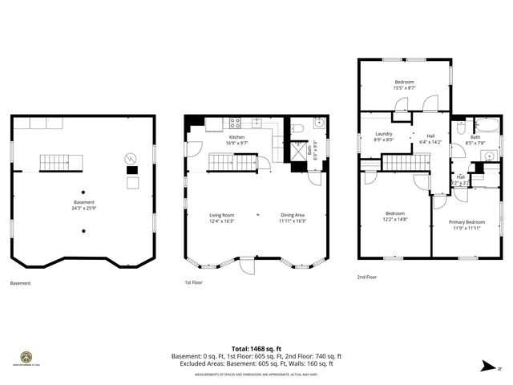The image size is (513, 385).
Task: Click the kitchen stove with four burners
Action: pyautogui.click(x=236, y=124)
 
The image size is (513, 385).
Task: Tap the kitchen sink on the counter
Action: pyautogui.click(x=256, y=124)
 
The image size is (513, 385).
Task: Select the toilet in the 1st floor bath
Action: pyautogui.click(x=296, y=128)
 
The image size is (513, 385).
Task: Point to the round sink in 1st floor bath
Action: pyautogui.click(x=317, y=124)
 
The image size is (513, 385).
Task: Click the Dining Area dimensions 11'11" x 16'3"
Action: pyautogui.click(x=292, y=221)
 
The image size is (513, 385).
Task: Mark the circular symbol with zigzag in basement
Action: pyautogui.click(x=131, y=158)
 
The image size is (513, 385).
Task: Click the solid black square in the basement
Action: pyautogui.click(x=132, y=170)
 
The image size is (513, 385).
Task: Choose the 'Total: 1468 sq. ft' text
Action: pyautogui.click(x=256, y=349)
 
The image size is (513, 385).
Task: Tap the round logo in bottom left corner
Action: pyautogui.click(x=26, y=357)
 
